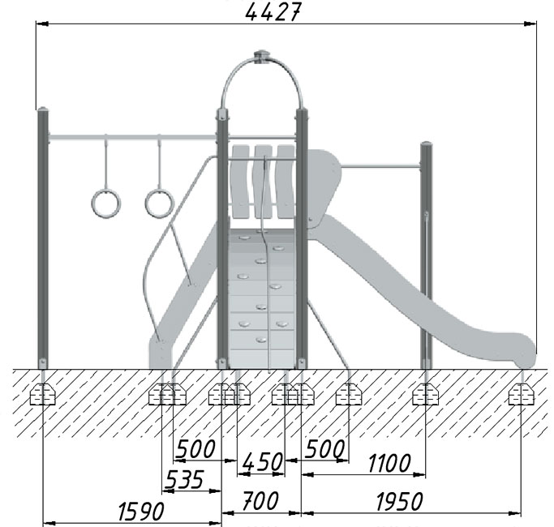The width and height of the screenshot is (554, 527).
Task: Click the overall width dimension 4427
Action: (x=273, y=12)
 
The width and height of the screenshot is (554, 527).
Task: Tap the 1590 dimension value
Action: (x=140, y=512)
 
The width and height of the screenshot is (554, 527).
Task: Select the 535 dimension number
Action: (x=184, y=480)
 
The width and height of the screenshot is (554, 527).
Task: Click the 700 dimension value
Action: (x=260, y=500)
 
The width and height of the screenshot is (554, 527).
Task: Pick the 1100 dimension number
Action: (x=389, y=463)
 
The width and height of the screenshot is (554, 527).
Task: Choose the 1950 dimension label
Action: (x=399, y=501)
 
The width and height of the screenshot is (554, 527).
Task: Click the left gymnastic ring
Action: (x=106, y=204)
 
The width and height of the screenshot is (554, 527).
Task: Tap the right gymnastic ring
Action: (x=160, y=204)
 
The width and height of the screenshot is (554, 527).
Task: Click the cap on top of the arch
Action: (x=262, y=57)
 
